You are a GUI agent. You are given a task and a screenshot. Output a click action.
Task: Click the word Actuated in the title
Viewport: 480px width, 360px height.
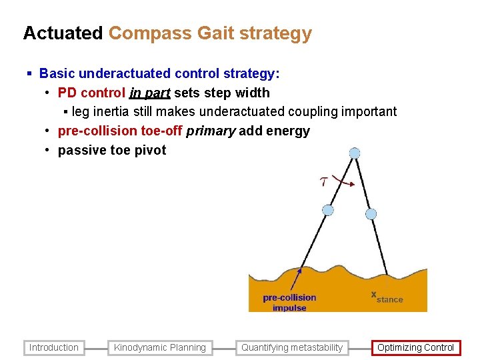tap(63, 33)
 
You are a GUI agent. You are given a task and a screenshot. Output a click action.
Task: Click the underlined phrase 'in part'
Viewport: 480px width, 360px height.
tap(150, 93)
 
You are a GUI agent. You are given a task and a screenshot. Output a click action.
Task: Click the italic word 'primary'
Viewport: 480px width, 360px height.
tap(211, 131)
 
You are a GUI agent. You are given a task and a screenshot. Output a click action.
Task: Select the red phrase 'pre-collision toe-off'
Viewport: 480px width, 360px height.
tap(120, 131)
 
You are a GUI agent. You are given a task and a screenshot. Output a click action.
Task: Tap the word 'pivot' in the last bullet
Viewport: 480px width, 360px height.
tap(150, 150)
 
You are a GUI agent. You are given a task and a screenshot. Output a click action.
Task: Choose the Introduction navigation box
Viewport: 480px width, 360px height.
tap(54, 347)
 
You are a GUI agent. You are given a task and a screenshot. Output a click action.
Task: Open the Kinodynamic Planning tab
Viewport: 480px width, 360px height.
tap(160, 347)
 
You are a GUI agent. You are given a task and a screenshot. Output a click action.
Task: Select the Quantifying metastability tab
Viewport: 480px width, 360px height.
tap(292, 347)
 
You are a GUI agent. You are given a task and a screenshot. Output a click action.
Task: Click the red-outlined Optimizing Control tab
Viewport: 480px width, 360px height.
tap(415, 347)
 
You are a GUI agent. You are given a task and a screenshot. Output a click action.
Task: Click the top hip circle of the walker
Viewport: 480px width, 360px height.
tap(355, 153)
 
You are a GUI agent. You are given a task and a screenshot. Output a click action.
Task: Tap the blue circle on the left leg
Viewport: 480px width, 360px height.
tap(327, 210)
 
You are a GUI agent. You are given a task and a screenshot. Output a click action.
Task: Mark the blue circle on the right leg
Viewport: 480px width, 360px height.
tap(371, 214)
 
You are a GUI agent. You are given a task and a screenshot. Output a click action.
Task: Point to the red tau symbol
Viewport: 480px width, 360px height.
tap(324, 181)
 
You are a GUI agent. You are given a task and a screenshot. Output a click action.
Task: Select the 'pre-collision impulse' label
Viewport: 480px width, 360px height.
tap(289, 303)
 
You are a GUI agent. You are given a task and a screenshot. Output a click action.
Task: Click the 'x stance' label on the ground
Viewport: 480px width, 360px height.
tap(387, 297)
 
